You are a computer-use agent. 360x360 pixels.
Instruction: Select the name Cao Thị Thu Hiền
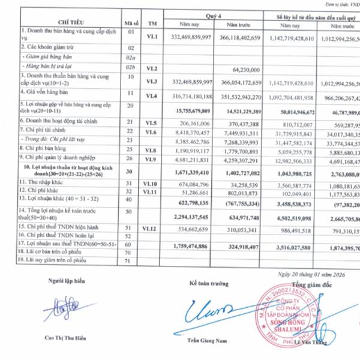66,337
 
